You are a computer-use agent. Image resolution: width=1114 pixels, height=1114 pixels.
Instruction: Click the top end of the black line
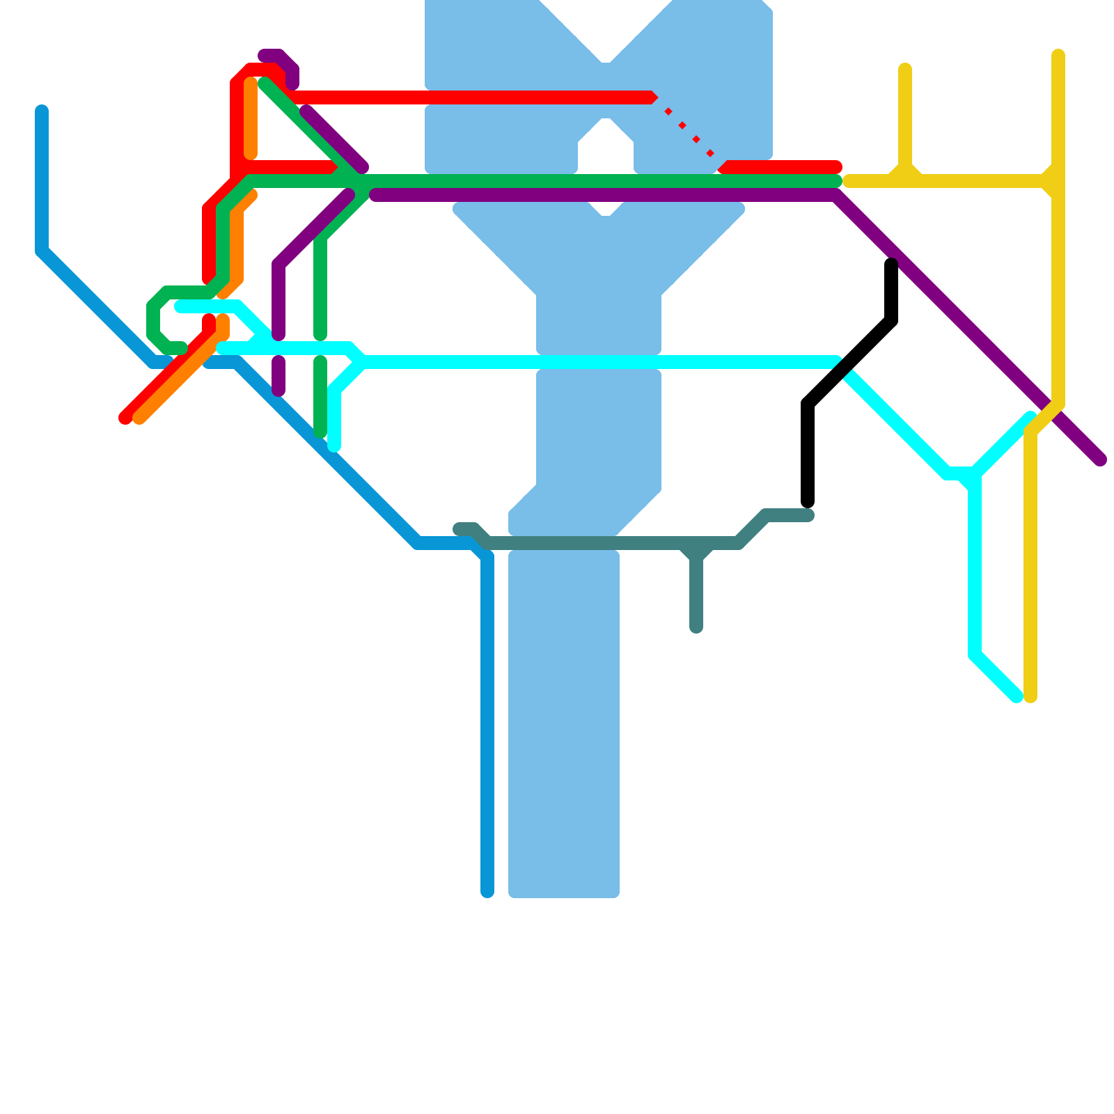pyautogui.click(x=891, y=264)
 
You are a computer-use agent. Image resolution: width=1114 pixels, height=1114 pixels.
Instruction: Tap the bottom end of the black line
pyautogui.click(x=808, y=502)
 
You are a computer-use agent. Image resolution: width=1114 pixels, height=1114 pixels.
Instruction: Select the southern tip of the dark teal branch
pyautogui.click(x=696, y=629)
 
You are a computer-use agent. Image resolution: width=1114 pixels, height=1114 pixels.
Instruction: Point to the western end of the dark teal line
pyautogui.click(x=459, y=529)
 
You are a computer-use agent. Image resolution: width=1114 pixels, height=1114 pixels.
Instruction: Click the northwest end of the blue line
pyautogui.click(x=42, y=110)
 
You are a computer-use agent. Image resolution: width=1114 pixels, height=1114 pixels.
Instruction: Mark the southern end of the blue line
pyautogui.click(x=487, y=892)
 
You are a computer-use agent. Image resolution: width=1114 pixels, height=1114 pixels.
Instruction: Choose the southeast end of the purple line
pyautogui.click(x=1101, y=460)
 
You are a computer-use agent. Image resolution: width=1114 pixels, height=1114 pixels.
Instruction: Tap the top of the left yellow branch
pyautogui.click(x=905, y=68)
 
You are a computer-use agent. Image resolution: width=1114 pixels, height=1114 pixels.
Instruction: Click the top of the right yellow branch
pyautogui.click(x=1058, y=54)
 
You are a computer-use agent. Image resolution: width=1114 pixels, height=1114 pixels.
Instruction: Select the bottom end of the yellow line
pyautogui.click(x=1030, y=697)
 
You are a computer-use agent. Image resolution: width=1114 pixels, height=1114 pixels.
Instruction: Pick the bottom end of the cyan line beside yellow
pyautogui.click(x=1017, y=697)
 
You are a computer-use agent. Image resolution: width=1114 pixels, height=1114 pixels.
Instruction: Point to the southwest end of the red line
pyautogui.click(x=125, y=418)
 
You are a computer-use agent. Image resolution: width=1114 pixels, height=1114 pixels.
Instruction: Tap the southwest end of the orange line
pyautogui.click(x=139, y=418)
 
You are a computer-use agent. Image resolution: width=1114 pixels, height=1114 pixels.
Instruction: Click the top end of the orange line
pyautogui.click(x=251, y=84)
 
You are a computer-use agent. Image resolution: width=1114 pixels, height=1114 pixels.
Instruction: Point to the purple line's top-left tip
pyautogui.click(x=264, y=56)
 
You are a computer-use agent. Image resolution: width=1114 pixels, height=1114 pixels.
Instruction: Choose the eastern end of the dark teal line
pyautogui.click(x=808, y=515)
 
